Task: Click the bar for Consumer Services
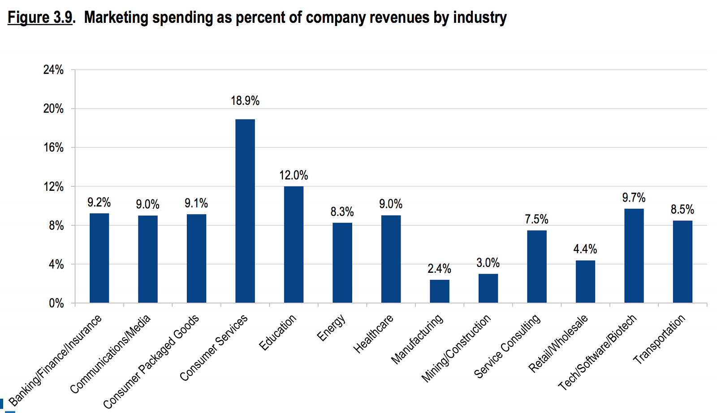point(245,211)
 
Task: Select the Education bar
point(294,244)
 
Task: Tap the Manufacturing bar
point(439,291)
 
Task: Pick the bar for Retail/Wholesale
point(585,281)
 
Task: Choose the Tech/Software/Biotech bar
point(634,255)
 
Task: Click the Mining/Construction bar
point(488,288)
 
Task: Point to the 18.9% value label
point(245,101)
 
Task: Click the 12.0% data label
point(294,175)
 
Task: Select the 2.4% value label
point(439,269)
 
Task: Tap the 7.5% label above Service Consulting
point(536,219)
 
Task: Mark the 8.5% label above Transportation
point(682,209)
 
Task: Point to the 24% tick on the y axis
point(53,70)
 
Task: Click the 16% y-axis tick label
point(53,148)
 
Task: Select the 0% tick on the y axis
point(56,304)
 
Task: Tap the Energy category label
point(331,327)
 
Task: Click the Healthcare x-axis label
point(373,334)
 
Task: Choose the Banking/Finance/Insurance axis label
point(55,361)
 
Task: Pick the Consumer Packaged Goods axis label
point(151,361)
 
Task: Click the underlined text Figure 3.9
point(40,17)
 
